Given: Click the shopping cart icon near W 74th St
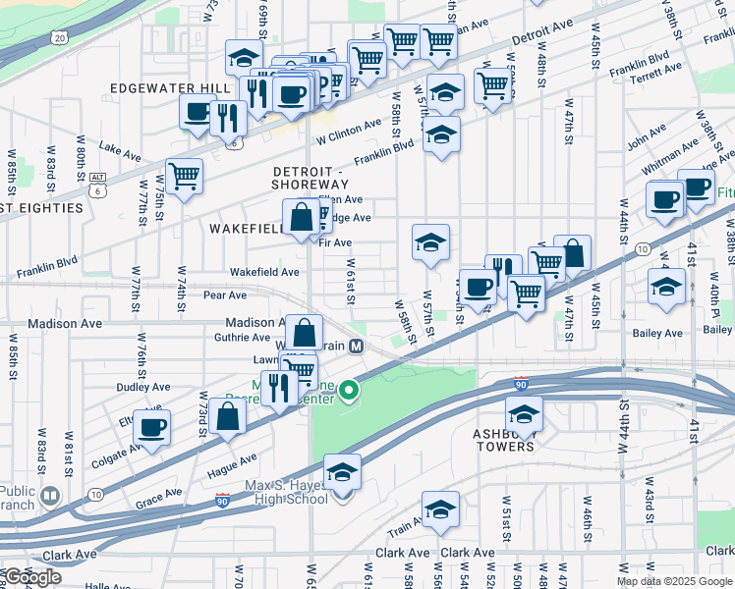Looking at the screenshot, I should [x=184, y=177].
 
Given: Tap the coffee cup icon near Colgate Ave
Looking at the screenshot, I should [x=152, y=427].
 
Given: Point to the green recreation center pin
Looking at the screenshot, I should [x=348, y=393].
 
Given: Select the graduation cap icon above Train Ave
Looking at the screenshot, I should [x=440, y=509].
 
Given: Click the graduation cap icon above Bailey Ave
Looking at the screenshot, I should [x=667, y=287].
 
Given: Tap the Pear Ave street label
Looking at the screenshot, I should [x=224, y=294].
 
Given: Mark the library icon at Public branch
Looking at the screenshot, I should [x=48, y=498].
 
